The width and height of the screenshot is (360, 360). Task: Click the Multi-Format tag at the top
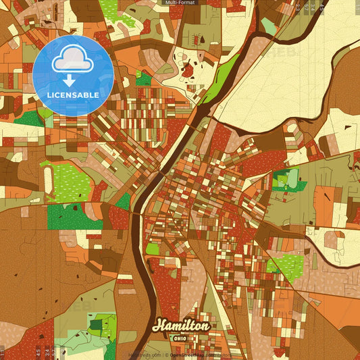[180, 3]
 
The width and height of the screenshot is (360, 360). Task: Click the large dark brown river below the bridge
[143, 270]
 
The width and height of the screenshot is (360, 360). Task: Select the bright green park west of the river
[67, 180]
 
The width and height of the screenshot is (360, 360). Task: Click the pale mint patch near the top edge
[268, 26]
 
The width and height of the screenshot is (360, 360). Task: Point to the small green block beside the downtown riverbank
[153, 249]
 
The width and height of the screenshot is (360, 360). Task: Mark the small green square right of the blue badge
[143, 78]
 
